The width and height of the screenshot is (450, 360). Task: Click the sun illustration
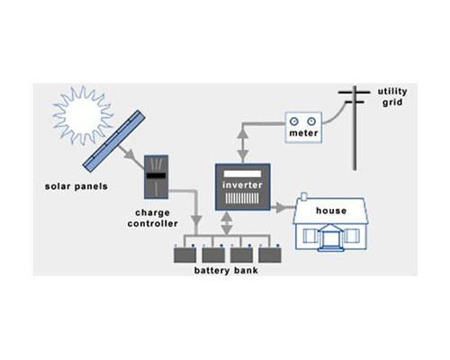(83, 115)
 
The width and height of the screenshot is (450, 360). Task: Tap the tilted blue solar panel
(114, 141)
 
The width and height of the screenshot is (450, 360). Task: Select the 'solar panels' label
(76, 186)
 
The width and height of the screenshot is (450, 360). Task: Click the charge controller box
(156, 177)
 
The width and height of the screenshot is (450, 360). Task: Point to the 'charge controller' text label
(152, 218)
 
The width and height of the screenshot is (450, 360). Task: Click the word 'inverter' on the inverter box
(242, 184)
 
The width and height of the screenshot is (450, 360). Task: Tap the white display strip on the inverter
(242, 174)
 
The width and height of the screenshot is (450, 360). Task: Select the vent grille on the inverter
(242, 198)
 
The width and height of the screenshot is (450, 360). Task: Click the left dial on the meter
(294, 121)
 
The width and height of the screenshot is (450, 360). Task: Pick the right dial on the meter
(311, 121)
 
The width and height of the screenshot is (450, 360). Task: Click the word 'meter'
(303, 133)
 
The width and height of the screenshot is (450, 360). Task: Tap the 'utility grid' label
(392, 96)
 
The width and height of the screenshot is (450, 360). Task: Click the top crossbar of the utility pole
(355, 93)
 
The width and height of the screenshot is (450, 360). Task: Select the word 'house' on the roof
(331, 211)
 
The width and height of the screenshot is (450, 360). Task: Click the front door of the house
(329, 239)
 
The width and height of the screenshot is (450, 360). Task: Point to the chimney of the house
(304, 196)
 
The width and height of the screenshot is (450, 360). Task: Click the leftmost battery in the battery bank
(185, 256)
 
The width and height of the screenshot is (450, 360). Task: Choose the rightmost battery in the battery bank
(270, 256)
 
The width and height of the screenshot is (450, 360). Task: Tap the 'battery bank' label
(226, 270)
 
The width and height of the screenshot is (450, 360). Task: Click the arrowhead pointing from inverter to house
(281, 207)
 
